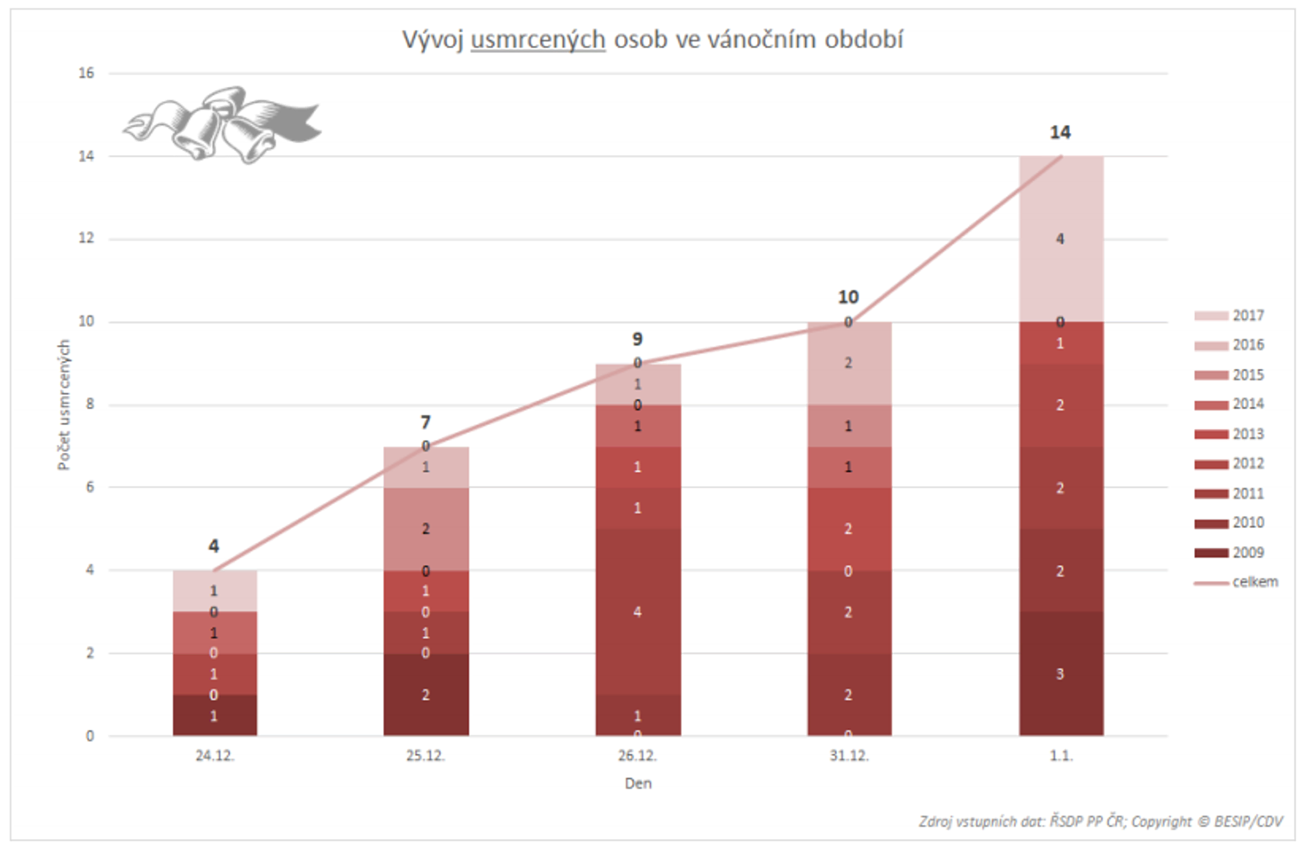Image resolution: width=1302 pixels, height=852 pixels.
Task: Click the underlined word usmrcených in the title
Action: pyautogui.click(x=538, y=40)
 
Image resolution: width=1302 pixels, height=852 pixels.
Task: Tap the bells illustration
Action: pyautogui.click(x=221, y=125)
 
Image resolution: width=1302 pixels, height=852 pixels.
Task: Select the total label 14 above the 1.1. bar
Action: pyautogui.click(x=1060, y=132)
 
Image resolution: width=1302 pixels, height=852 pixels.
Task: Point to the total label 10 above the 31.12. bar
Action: pyautogui.click(x=848, y=298)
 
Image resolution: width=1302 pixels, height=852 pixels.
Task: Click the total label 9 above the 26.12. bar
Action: pyautogui.click(x=637, y=339)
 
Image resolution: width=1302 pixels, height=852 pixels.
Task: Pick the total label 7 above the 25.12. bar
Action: pyautogui.click(x=426, y=422)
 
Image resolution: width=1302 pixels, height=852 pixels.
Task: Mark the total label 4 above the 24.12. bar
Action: pyautogui.click(x=214, y=546)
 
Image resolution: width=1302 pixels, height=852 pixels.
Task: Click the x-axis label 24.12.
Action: pyautogui.click(x=215, y=756)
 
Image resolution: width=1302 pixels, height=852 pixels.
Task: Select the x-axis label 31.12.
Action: pyautogui.click(x=849, y=756)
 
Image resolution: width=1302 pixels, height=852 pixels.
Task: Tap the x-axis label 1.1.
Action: pyautogui.click(x=1061, y=756)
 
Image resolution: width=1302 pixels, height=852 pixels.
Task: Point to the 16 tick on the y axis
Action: pyautogui.click(x=86, y=73)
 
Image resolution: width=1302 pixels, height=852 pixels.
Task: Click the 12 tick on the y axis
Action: pyautogui.click(x=86, y=239)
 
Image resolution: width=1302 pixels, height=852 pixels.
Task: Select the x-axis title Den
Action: pyautogui.click(x=638, y=784)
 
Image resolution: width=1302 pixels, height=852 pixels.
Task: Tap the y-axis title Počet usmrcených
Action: pyautogui.click(x=64, y=405)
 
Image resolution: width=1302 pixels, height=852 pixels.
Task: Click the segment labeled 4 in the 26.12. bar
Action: pyautogui.click(x=638, y=612)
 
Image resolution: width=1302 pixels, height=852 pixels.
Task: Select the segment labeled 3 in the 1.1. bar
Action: pyautogui.click(x=1060, y=674)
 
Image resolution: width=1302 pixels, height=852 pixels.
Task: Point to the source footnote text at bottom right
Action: pyautogui.click(x=1100, y=822)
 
